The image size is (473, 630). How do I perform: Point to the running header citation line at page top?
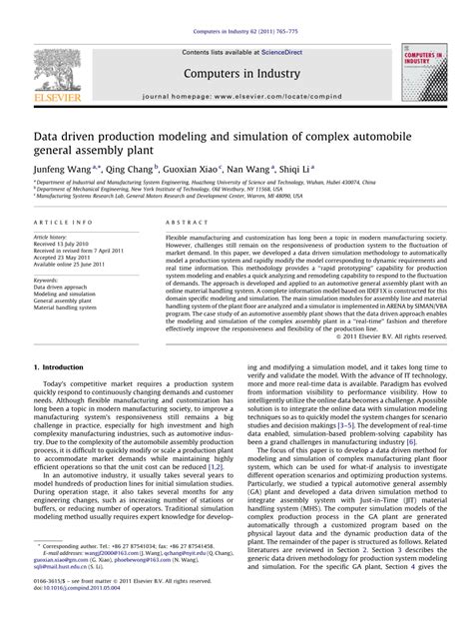236,6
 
